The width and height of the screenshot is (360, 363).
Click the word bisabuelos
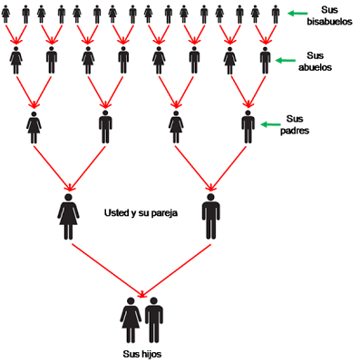click(x=329, y=22)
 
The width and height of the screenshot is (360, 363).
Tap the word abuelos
click(x=315, y=67)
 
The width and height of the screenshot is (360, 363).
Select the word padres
click(x=295, y=131)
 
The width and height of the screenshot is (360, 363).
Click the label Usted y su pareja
click(x=141, y=213)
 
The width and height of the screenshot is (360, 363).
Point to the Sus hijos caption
click(x=142, y=354)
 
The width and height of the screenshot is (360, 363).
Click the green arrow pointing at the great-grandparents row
click(x=297, y=14)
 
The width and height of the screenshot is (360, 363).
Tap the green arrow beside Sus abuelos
click(x=286, y=60)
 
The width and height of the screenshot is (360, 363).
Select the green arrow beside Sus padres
click(x=271, y=124)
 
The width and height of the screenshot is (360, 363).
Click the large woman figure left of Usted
click(x=68, y=217)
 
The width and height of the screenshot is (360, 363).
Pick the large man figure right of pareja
click(x=210, y=217)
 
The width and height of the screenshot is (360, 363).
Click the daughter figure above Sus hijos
click(x=131, y=320)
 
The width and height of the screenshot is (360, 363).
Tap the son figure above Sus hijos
click(x=154, y=320)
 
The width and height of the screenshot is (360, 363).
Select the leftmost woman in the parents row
click(x=34, y=127)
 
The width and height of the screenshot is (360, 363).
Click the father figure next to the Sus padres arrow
click(x=248, y=127)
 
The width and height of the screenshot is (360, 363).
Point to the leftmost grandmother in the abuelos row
click(x=16, y=60)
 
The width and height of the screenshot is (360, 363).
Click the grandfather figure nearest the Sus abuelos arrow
click(x=265, y=60)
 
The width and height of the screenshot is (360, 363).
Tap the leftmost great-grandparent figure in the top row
click(x=5, y=15)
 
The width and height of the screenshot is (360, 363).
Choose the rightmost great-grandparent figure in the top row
click(x=276, y=15)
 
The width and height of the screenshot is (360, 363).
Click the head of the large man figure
click(x=210, y=197)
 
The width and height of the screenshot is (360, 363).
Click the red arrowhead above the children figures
click(x=142, y=293)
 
